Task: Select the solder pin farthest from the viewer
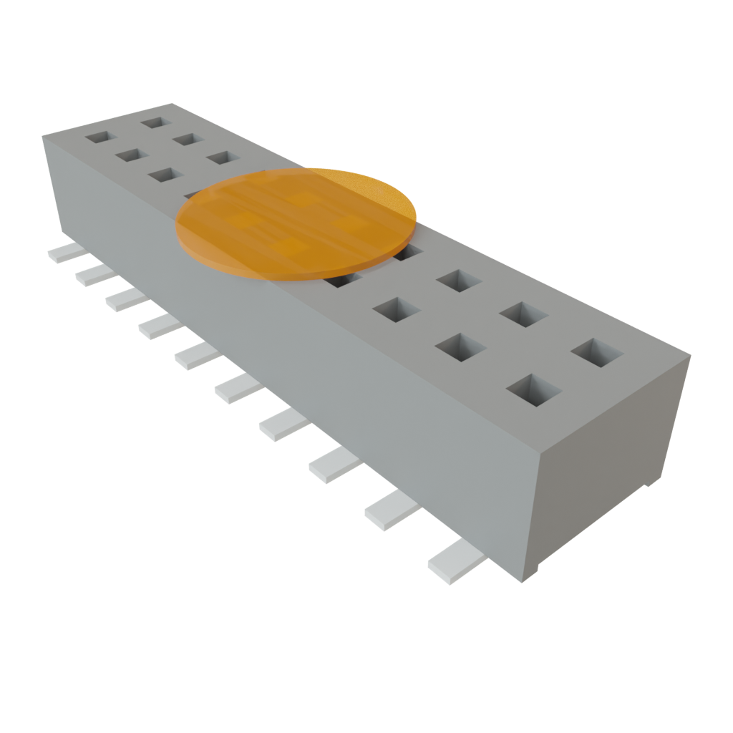(64, 252)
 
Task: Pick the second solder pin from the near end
(390, 510)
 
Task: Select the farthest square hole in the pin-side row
(99, 136)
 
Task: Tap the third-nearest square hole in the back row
(458, 280)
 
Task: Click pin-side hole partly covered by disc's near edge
(341, 280)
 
